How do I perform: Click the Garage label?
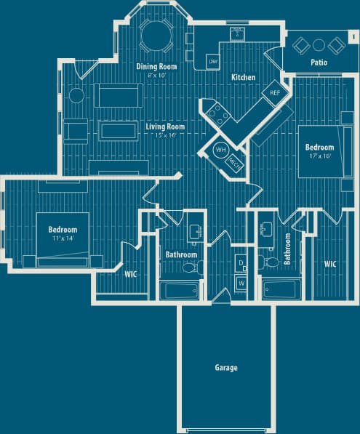click(225, 368)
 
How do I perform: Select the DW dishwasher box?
click(214, 62)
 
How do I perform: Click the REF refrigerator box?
click(275, 93)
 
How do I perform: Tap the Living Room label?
click(165, 126)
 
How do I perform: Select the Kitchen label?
click(243, 77)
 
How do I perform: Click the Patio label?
click(319, 63)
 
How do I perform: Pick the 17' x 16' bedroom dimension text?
click(320, 156)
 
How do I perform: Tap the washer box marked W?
click(241, 283)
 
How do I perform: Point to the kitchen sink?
click(236, 33)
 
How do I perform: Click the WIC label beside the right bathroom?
click(329, 265)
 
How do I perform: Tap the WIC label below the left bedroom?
click(131, 274)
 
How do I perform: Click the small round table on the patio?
click(319, 45)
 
